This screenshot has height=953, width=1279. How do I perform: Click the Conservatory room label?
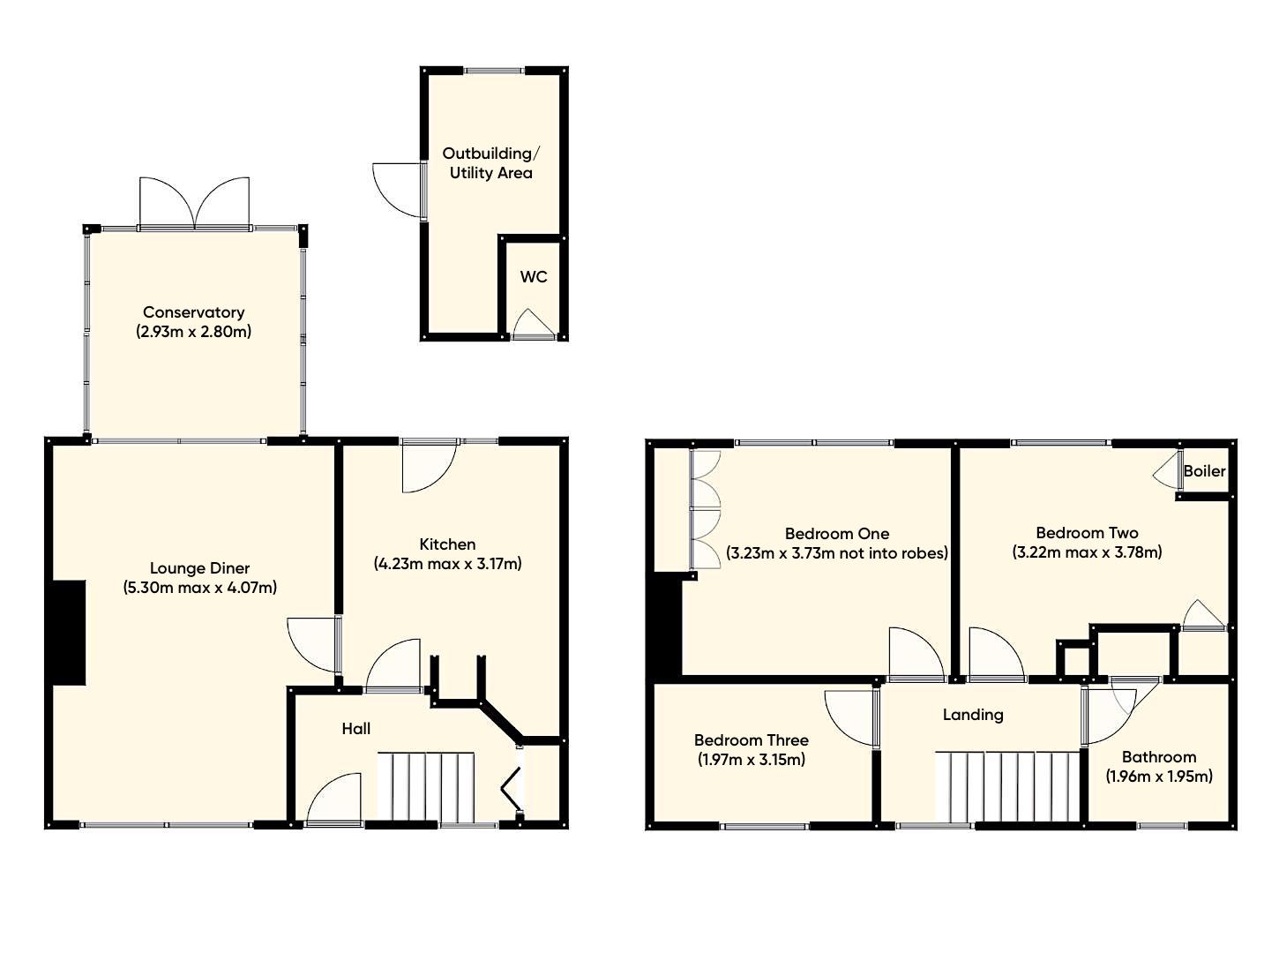[x=193, y=312]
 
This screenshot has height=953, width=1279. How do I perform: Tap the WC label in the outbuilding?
[x=533, y=277]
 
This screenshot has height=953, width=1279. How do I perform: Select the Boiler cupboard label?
[x=1204, y=471]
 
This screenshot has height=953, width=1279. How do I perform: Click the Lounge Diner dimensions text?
[x=200, y=588]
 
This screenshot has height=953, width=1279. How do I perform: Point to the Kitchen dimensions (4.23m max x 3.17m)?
[x=447, y=564]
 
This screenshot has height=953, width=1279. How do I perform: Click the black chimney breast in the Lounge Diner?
[x=68, y=632]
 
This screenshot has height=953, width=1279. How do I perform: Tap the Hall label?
[x=356, y=729]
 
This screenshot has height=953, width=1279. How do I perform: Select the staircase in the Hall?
[x=426, y=786]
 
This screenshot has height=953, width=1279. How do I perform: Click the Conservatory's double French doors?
[x=195, y=204]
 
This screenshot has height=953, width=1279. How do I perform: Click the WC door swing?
[x=534, y=324]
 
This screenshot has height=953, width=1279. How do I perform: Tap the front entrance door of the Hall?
[x=334, y=800]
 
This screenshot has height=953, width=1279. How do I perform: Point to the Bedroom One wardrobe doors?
[x=707, y=508]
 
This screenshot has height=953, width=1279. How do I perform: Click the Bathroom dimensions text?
[x=1158, y=777]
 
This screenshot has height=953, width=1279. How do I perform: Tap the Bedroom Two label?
[x=1087, y=533]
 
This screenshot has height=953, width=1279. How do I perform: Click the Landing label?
[x=973, y=715]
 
